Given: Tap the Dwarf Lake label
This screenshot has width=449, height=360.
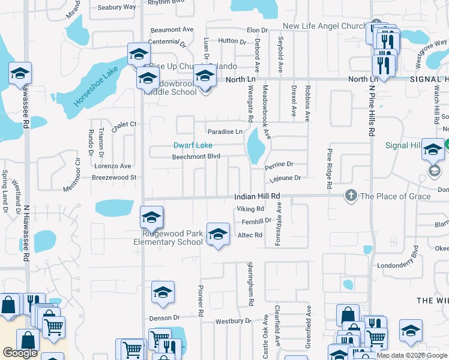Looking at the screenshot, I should coord(193,145).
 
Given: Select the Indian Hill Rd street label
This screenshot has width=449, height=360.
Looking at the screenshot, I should coord(257,196).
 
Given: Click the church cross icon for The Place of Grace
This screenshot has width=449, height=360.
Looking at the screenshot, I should coord(351,196).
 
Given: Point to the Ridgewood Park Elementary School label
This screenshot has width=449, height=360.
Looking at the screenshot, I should coord(168,238).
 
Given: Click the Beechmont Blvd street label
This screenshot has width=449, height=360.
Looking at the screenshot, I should coord(196,156).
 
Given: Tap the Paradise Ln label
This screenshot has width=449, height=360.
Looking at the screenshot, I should coord(224,131).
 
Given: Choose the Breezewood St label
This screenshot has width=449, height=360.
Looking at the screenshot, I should coord(115,178).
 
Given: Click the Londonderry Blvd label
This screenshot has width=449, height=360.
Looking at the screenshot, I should coord(405,265).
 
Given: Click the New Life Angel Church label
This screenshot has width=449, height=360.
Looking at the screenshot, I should coord(324,26).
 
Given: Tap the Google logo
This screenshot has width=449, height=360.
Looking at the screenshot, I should coord(20,353).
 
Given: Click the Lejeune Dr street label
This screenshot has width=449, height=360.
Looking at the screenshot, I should coord(285,178).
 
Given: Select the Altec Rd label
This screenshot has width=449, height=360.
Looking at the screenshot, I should coord(250,235).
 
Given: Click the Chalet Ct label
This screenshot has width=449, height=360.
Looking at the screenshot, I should coord(125,124).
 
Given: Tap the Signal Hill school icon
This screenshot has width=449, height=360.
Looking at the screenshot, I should coord(432,149).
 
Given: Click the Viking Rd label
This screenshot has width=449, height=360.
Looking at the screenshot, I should coord(250,209).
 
